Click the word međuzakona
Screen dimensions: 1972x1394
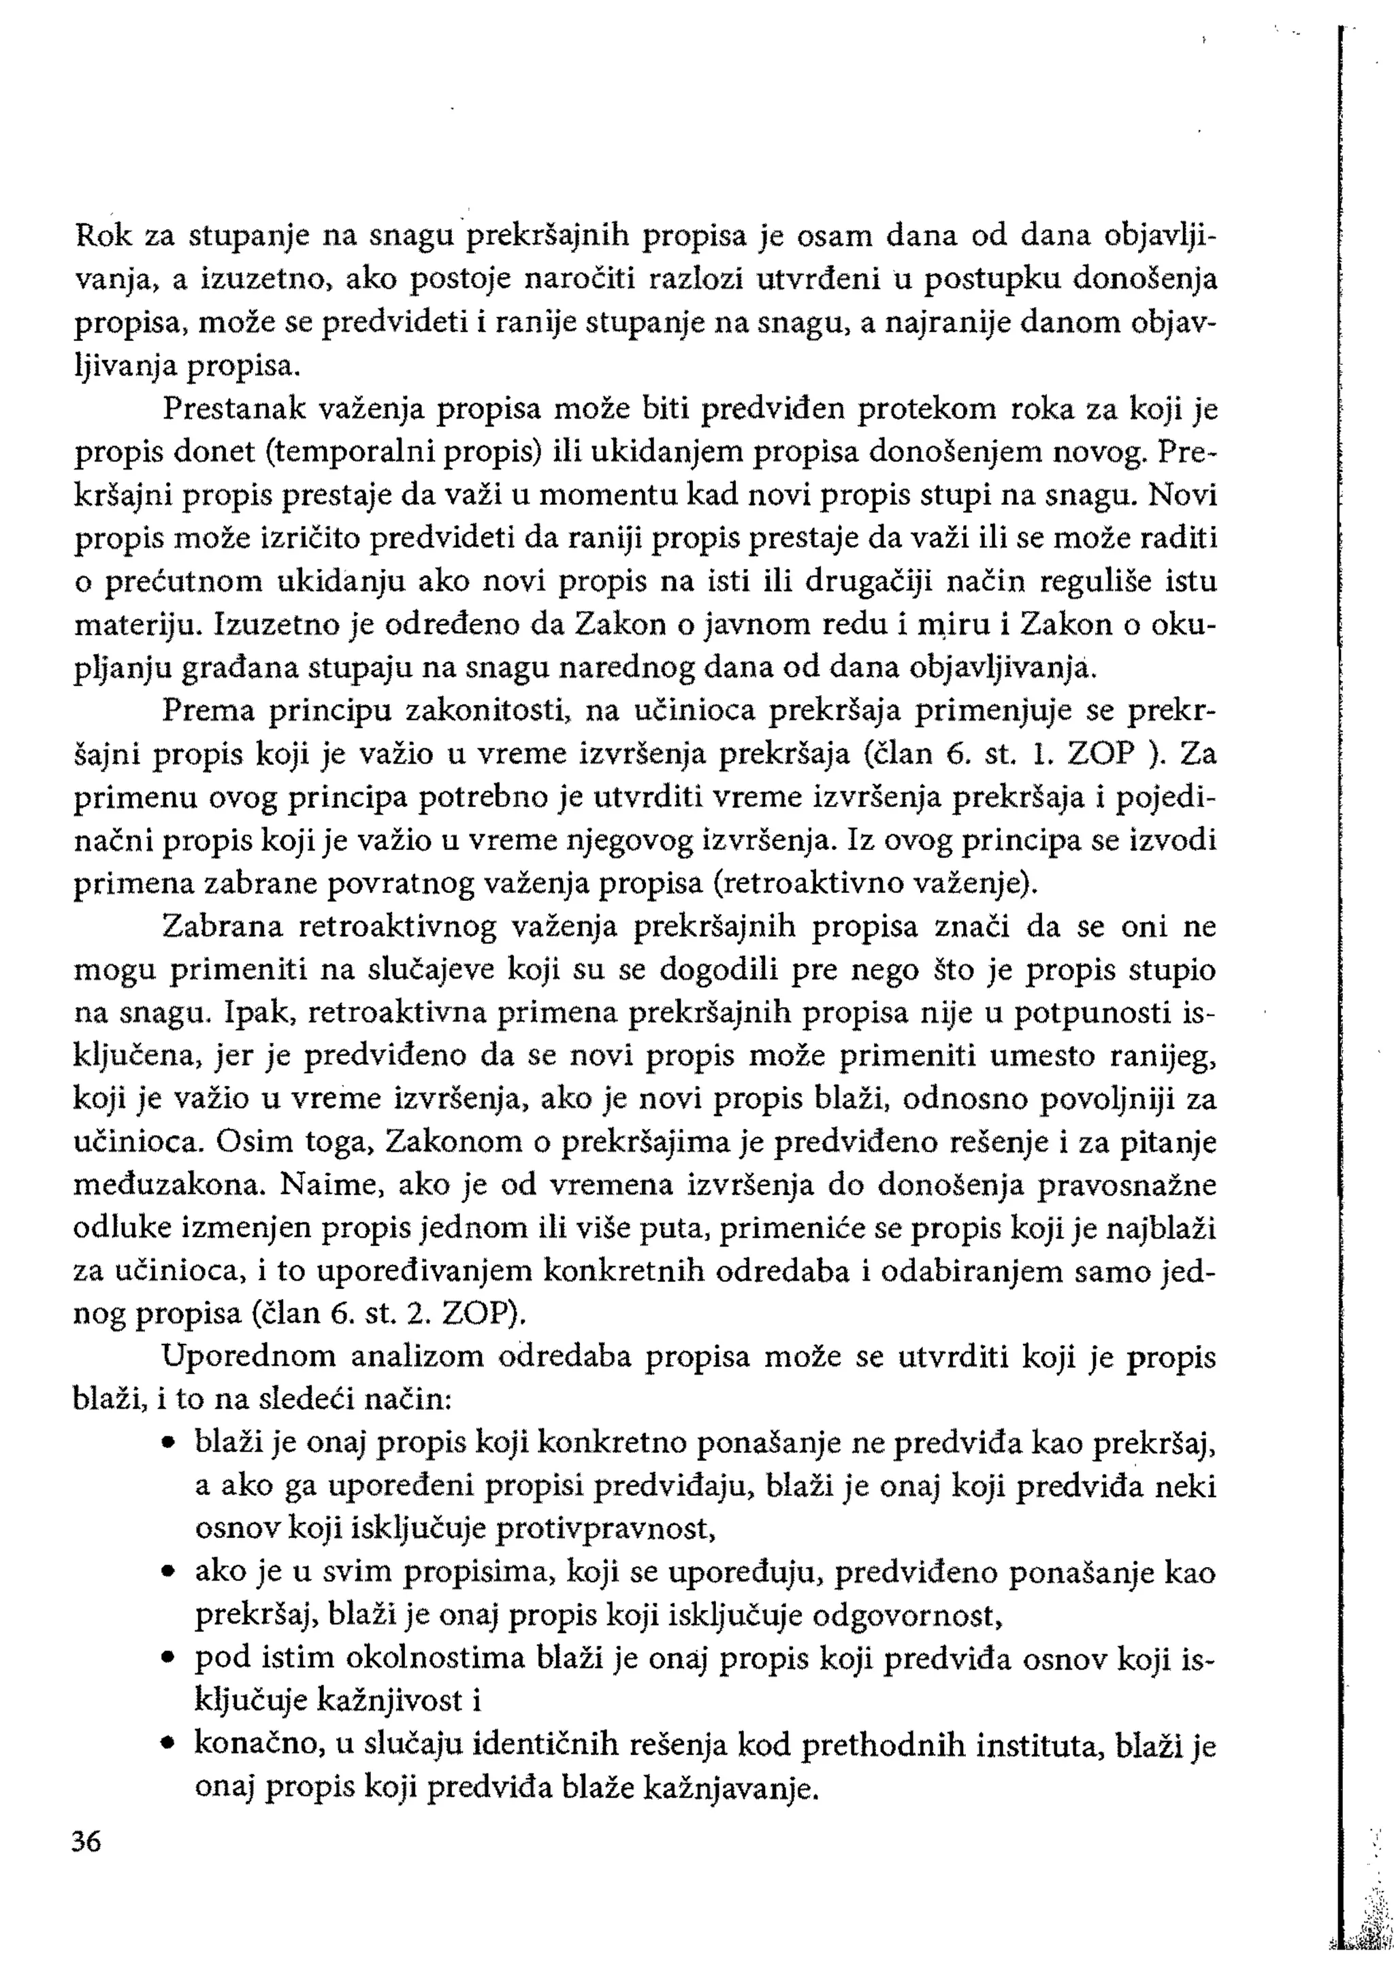(x=170, y=1186)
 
